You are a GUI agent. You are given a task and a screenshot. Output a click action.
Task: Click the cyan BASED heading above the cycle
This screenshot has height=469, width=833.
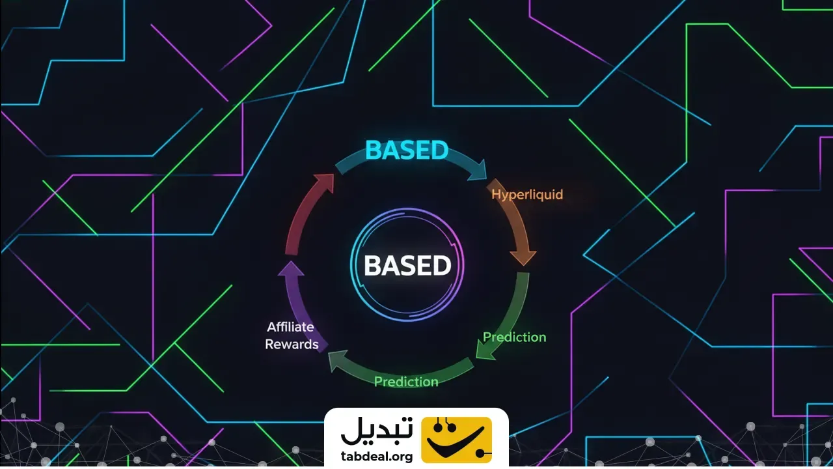point(407,150)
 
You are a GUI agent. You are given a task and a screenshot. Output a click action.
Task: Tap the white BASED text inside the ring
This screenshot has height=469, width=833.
point(407,266)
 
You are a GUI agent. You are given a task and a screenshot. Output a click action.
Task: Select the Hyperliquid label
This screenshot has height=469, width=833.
point(527,194)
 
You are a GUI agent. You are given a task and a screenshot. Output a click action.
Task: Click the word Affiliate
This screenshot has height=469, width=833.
point(290,327)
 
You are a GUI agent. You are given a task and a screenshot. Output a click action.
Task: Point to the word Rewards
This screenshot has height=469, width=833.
point(292,344)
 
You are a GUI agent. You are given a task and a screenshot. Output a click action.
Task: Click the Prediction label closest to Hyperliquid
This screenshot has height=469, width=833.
point(514,337)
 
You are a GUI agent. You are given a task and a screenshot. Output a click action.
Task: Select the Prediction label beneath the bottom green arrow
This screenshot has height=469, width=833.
point(406,382)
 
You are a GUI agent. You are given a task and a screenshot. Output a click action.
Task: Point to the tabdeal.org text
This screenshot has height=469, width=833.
point(377,457)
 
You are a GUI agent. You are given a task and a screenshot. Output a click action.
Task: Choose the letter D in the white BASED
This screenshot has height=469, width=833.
point(442,266)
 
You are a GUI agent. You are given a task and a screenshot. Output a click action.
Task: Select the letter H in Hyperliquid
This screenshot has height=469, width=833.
point(496,194)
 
